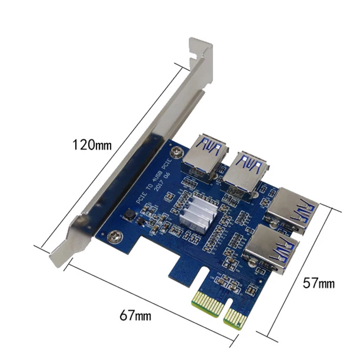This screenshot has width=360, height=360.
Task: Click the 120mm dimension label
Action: pyautogui.click(x=92, y=144)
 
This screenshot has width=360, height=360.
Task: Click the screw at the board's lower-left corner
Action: pyautogui.click(x=114, y=236)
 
